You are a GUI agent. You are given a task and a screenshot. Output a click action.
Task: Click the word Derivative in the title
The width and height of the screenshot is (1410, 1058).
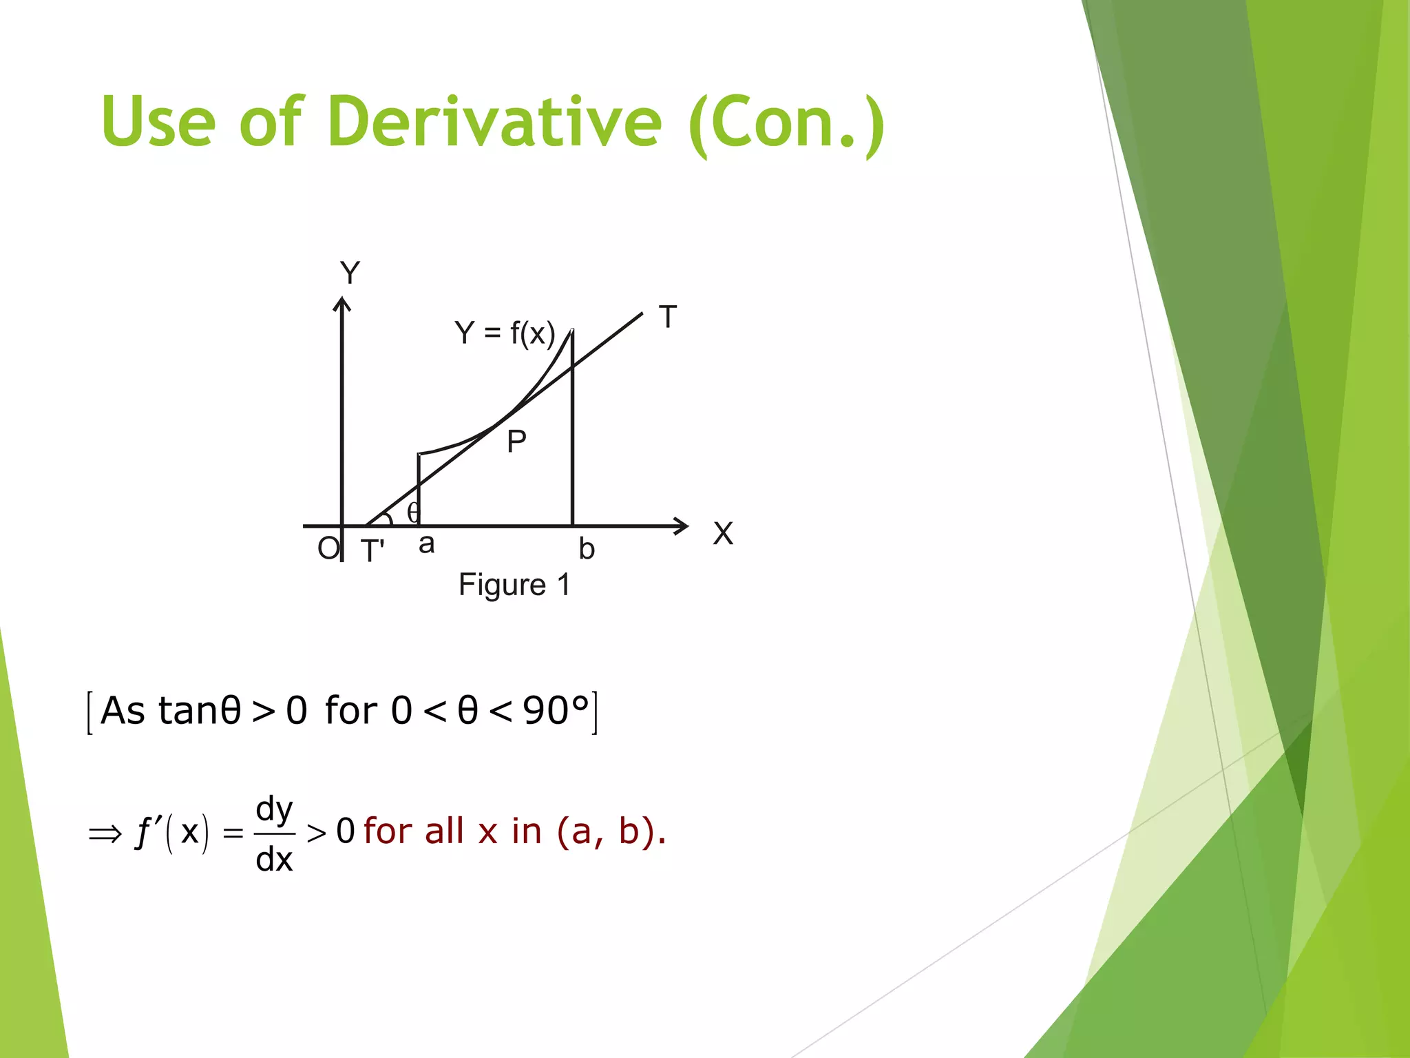[494, 122]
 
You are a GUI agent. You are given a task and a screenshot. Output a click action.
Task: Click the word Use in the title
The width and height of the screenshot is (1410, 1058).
[158, 122]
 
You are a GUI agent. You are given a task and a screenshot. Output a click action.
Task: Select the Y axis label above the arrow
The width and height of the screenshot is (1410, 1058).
[350, 273]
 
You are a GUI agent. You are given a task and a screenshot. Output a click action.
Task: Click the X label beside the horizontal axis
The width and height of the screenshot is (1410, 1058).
[723, 534]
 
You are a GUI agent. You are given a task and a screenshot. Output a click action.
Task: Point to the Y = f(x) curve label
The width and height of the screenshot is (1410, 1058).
[504, 333]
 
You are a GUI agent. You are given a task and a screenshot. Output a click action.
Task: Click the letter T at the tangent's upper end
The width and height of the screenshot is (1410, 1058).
[668, 317]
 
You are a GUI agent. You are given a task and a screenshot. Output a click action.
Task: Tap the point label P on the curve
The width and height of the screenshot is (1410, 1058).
[516, 442]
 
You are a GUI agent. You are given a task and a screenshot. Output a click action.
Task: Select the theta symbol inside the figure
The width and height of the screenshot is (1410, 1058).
[412, 512]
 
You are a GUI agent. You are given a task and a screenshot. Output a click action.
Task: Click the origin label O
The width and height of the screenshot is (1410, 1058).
[328, 549]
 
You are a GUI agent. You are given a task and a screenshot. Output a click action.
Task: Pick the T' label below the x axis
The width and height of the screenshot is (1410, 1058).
[372, 551]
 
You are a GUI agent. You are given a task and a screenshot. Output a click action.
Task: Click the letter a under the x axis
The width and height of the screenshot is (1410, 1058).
[426, 544]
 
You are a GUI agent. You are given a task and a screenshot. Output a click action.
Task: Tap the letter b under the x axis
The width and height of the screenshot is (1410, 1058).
[586, 550]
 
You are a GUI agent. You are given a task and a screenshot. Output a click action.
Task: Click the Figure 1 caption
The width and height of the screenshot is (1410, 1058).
[514, 585]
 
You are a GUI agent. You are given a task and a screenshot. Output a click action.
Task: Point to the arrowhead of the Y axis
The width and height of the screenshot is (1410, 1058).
[342, 303]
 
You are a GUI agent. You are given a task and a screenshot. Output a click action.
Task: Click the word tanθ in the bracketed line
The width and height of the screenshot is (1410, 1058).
[200, 710]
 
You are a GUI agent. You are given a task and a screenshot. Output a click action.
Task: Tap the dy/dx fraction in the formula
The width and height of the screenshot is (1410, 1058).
[274, 833]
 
